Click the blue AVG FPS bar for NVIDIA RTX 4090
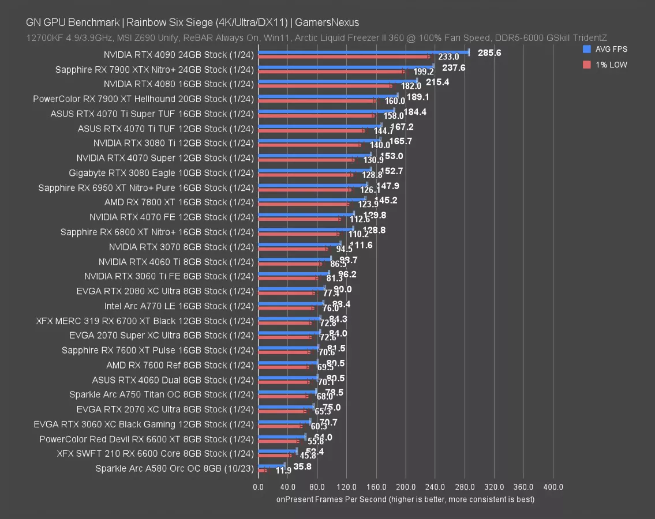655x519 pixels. tap(364, 52)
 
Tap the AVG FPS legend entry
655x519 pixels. tap(607, 49)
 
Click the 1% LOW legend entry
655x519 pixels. tap(607, 65)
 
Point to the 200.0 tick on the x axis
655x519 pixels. tap(406, 487)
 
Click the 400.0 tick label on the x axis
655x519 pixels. tap(553, 487)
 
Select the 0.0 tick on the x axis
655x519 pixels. tap(259, 487)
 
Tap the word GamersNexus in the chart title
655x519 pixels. tap(328, 22)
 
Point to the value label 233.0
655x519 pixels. tap(448, 57)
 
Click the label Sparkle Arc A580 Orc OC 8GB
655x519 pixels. tap(174, 468)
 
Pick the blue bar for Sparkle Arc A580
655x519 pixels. tap(271, 464)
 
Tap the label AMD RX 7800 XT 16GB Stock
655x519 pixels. tap(179, 202)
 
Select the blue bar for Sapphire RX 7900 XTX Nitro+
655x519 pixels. tap(346, 66)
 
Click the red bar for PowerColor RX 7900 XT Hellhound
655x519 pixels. tap(317, 100)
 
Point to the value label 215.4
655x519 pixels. tap(437, 82)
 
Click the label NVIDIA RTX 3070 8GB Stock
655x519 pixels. tap(181, 247)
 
